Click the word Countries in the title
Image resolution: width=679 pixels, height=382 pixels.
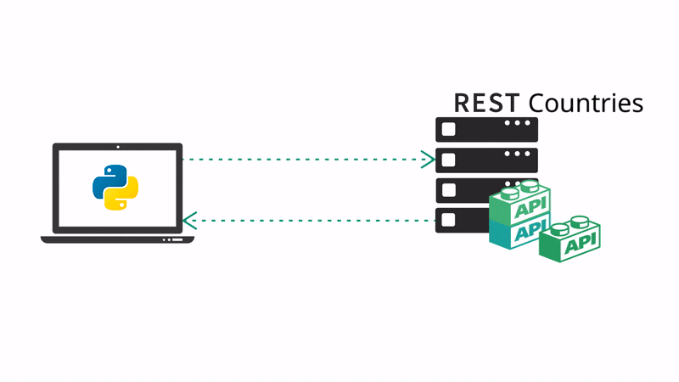[586, 103]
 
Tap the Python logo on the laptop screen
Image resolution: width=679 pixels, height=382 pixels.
[117, 188]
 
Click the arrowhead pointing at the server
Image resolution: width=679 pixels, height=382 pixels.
[429, 159]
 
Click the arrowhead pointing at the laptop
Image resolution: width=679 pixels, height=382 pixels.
[189, 221]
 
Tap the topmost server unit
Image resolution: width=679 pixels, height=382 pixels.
[486, 129]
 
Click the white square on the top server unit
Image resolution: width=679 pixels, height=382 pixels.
[449, 129]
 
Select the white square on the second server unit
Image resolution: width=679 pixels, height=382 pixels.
[449, 160]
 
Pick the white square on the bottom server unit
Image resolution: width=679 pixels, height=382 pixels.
[449, 220]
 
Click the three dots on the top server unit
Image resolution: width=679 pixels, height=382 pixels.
[519, 124]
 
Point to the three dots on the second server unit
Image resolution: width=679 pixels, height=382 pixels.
[519, 154]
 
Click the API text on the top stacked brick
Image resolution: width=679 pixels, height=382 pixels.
[529, 206]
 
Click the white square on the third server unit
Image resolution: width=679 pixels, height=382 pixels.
[449, 189]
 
